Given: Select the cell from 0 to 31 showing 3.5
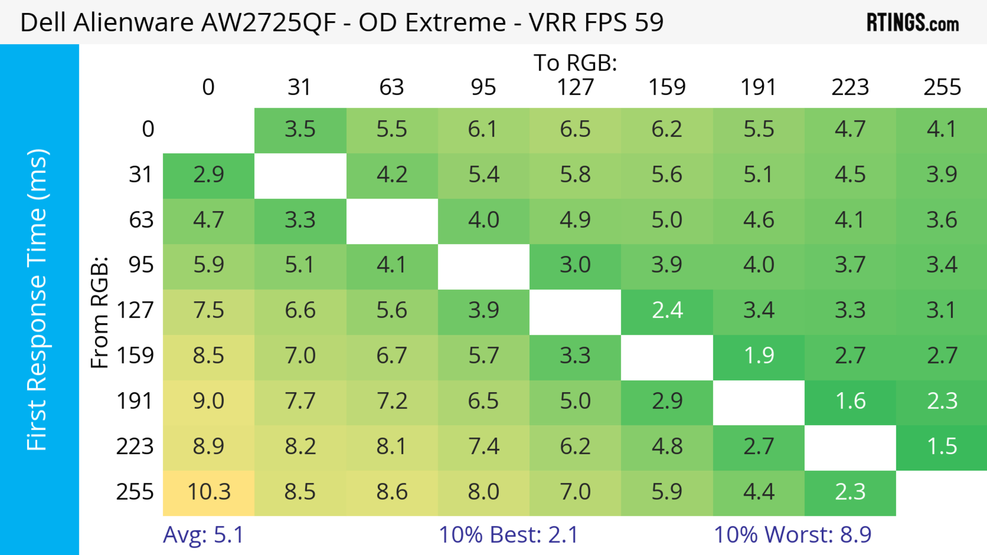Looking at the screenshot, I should pos(300,129).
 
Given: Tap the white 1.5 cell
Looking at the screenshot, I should pos(942,447).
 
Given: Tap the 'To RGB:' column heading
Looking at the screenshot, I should pos(575,63).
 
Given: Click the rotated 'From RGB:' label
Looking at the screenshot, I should pos(100,312).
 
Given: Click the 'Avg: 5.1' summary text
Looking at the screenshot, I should pos(203,535).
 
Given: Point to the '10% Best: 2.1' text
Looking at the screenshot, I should pos(508,535).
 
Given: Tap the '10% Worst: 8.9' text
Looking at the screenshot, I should pos(792,535).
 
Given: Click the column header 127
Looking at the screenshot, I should pos(575,87).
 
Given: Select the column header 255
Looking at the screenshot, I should pos(942,87).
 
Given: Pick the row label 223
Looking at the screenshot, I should pos(135,447).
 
